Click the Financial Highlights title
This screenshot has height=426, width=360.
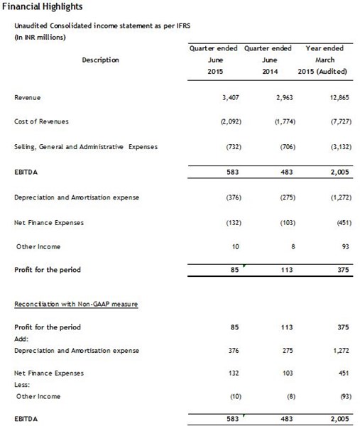point(43,7)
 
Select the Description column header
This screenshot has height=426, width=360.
point(100,60)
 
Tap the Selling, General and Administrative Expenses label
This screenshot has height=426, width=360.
point(85,147)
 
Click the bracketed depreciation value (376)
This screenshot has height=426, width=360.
point(232,197)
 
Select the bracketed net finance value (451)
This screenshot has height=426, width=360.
point(335,222)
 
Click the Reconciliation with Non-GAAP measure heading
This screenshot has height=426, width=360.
point(75,303)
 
